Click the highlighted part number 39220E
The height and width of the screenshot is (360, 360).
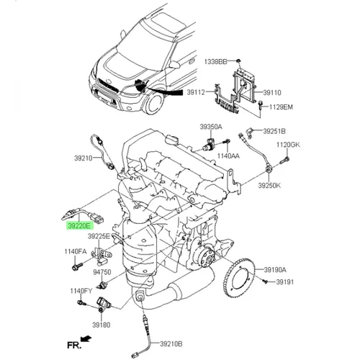point(79,225)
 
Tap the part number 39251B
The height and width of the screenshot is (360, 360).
point(274,132)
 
